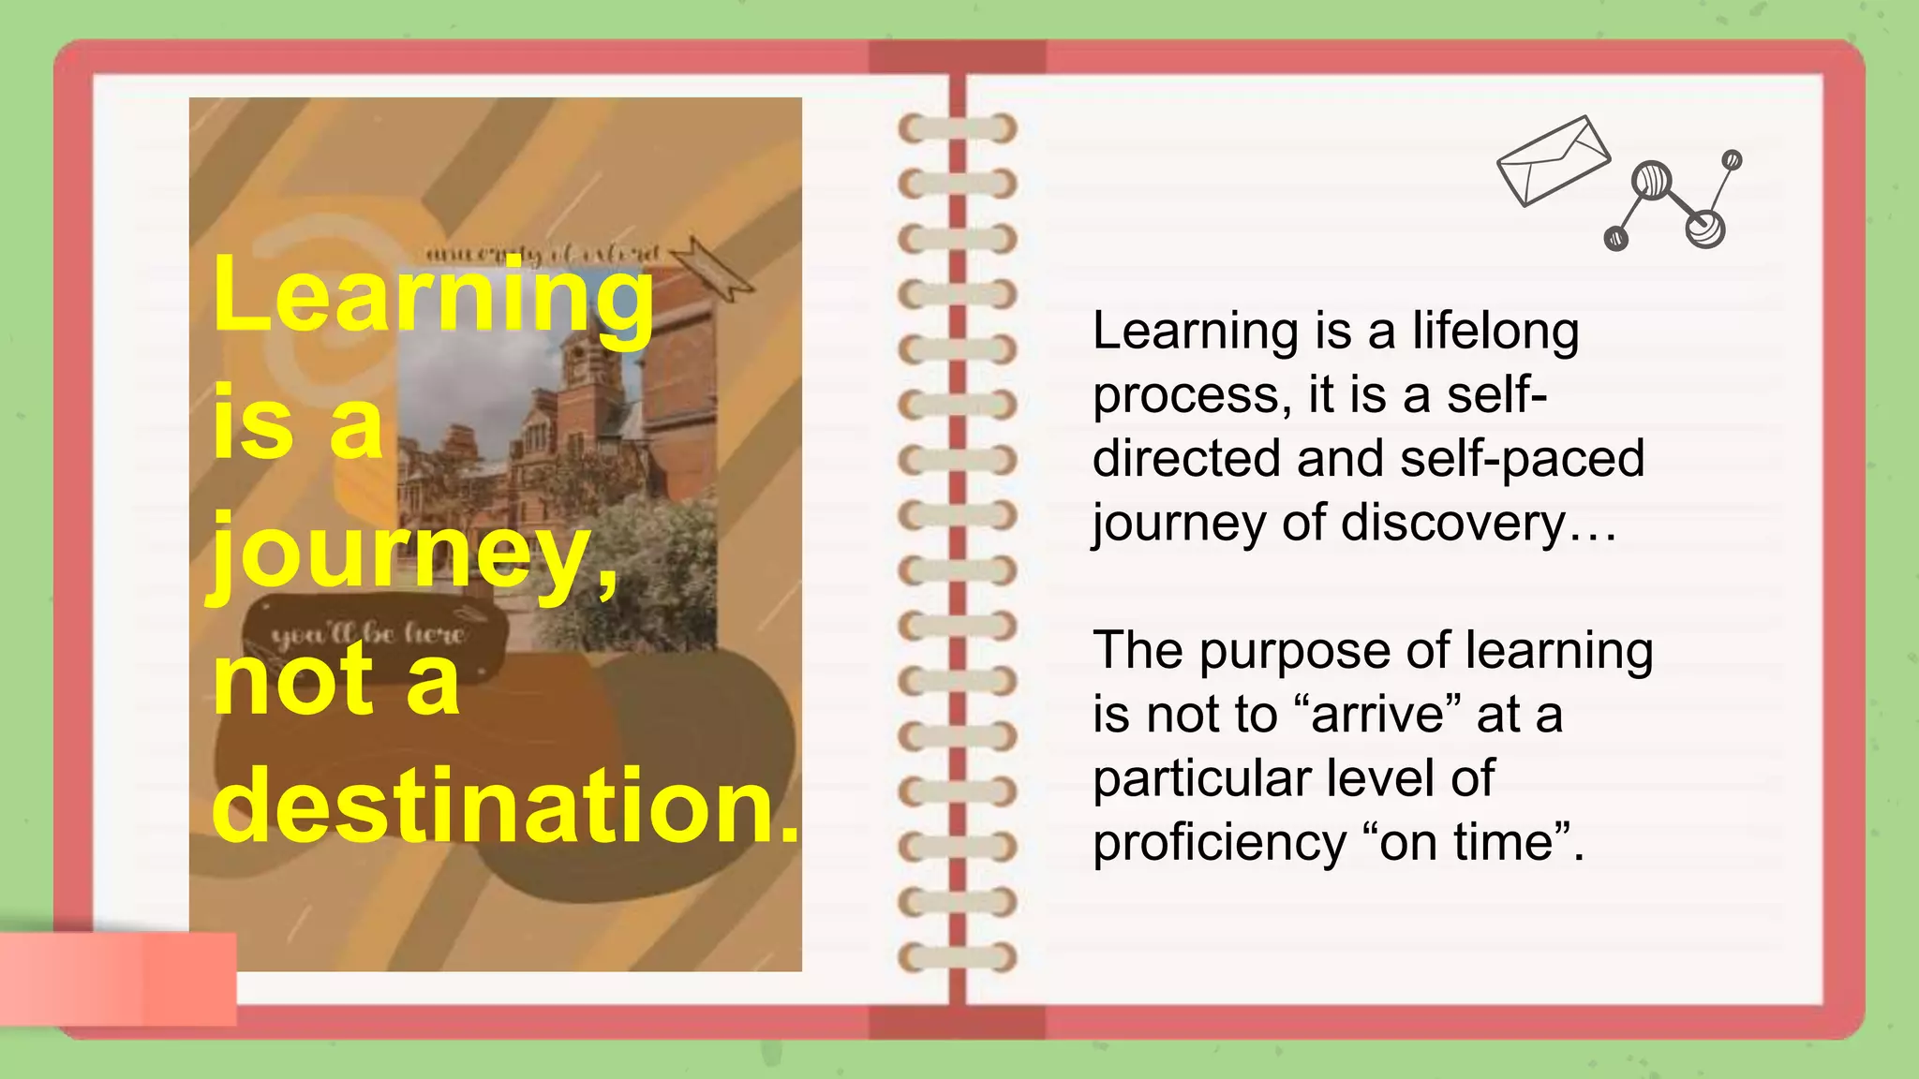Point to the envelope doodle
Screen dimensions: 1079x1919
click(1553, 160)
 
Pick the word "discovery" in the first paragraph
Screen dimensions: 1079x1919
click(1453, 522)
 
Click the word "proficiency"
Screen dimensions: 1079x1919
click(1219, 842)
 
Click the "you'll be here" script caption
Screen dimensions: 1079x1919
click(367, 635)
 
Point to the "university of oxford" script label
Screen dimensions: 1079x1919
click(543, 254)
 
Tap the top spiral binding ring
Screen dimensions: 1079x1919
click(957, 128)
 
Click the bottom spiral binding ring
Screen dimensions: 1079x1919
click(957, 957)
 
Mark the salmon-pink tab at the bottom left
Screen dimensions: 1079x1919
click(118, 978)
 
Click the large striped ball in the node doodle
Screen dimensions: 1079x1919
click(1651, 180)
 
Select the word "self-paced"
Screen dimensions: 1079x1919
click(1522, 458)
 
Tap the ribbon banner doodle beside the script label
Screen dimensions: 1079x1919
click(711, 267)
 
